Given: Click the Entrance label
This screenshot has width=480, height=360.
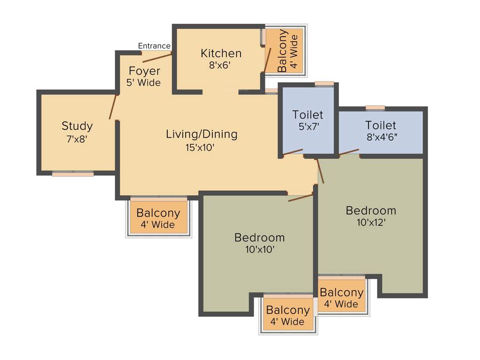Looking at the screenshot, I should (x=154, y=46).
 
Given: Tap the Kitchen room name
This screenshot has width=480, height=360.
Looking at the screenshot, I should (x=221, y=53).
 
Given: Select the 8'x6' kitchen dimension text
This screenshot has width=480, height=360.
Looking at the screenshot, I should (x=220, y=65).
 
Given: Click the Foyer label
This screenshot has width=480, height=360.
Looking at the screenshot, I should (x=144, y=71).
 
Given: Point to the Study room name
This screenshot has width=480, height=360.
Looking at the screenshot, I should (x=77, y=126).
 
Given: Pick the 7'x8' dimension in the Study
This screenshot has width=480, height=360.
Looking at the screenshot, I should (x=77, y=139).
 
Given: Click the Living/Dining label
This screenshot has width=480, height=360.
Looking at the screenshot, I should (x=202, y=134).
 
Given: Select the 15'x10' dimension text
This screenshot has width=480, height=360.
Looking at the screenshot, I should (x=202, y=147).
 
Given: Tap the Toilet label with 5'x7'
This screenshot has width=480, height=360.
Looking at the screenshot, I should (x=307, y=114).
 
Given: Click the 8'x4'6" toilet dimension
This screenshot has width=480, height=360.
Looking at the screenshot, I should (x=381, y=138).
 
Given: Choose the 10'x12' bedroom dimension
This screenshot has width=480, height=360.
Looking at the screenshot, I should (x=370, y=222).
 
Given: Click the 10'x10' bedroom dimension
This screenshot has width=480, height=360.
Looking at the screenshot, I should (x=259, y=249).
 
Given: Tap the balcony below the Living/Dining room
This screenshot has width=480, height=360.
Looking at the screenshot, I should (x=158, y=217).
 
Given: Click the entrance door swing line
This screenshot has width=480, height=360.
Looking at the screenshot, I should (x=156, y=58).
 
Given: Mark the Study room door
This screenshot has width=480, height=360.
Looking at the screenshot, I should (x=112, y=107).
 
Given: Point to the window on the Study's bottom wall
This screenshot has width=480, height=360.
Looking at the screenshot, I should (x=73, y=173).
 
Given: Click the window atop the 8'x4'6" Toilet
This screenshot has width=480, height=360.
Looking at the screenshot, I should (x=375, y=108).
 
